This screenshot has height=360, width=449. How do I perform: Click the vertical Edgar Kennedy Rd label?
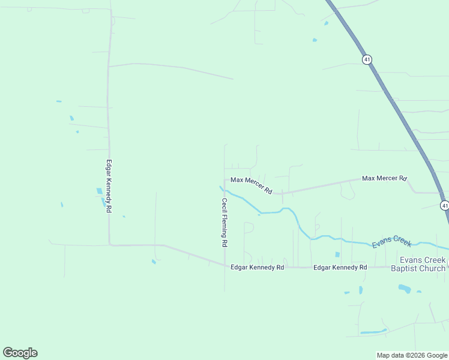click(x=109, y=186)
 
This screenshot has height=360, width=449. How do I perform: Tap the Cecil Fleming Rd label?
click(x=224, y=223)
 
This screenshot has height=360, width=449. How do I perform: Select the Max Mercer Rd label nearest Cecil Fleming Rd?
click(x=252, y=185)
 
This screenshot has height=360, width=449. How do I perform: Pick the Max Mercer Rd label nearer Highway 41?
click(x=384, y=178)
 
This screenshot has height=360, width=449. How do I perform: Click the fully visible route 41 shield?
click(x=366, y=59)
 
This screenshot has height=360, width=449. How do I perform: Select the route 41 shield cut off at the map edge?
click(x=444, y=205)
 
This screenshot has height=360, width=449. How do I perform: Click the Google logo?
click(x=20, y=353)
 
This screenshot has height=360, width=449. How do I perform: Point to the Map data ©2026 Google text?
click(x=412, y=355)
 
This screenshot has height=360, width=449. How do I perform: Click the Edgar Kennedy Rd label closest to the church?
click(x=340, y=267)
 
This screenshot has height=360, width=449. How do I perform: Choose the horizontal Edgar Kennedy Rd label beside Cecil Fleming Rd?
click(x=257, y=267)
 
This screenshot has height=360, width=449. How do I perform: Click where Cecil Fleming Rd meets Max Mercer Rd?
click(x=224, y=179)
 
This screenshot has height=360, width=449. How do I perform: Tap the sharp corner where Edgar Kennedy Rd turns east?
click(x=109, y=244)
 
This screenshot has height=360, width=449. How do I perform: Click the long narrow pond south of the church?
click(x=374, y=331)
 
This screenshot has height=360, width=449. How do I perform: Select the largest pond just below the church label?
click(x=404, y=289)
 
